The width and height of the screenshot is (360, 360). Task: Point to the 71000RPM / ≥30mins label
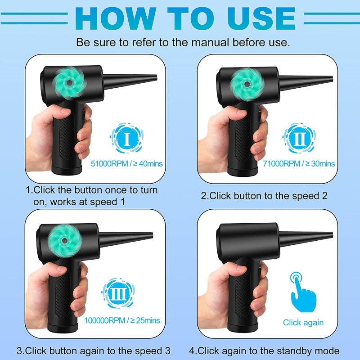[298, 164]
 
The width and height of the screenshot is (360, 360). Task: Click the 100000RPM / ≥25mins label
[121, 320]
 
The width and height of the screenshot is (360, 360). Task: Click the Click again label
[303, 322]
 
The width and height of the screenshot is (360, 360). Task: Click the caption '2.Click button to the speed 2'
[264, 196]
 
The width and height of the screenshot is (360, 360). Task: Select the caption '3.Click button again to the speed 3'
[94, 351]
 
